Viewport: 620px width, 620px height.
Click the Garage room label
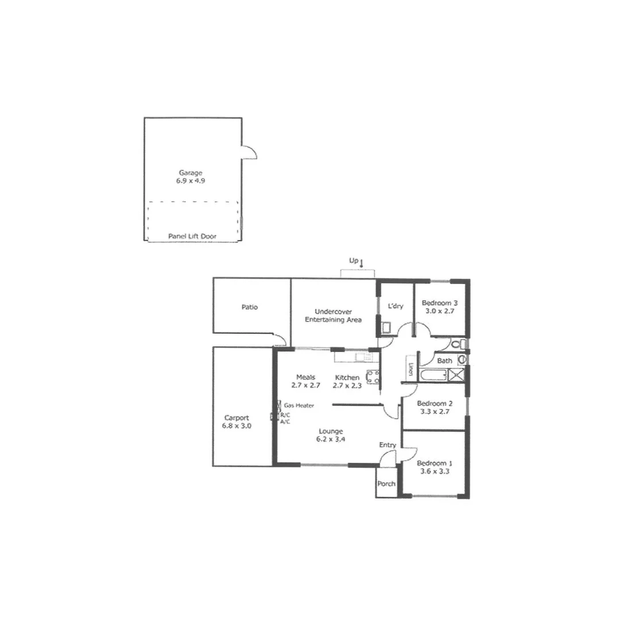(x=191, y=172)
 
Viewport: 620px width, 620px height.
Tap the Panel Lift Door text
(x=192, y=236)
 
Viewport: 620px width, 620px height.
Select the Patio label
(x=250, y=307)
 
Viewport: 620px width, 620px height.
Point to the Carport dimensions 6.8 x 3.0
(x=237, y=426)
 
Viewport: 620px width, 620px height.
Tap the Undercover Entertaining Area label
(x=333, y=315)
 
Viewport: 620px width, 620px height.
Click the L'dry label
(x=396, y=306)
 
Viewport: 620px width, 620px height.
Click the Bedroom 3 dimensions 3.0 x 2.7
(x=439, y=311)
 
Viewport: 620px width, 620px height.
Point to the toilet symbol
(x=456, y=345)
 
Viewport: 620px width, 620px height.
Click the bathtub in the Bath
(x=435, y=375)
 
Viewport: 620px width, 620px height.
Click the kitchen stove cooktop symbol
(x=371, y=377)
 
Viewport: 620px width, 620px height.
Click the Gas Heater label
(x=299, y=405)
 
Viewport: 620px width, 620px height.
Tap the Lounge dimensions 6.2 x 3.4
(x=331, y=439)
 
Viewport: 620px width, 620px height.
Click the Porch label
(x=386, y=483)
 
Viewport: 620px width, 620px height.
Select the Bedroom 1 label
(x=435, y=463)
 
